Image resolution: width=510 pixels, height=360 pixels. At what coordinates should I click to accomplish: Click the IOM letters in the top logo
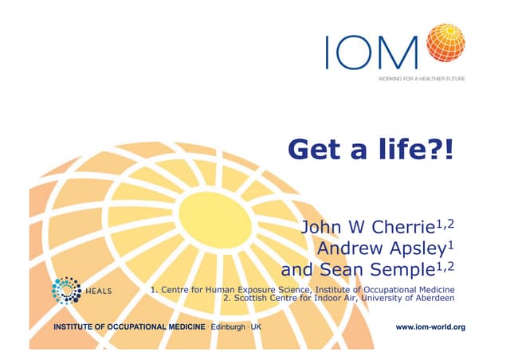click(373, 51)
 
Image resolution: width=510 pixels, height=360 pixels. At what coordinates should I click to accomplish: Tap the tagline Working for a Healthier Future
click(421, 79)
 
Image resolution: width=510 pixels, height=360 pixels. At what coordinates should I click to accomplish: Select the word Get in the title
click(319, 148)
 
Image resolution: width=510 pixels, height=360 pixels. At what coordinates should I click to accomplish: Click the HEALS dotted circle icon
click(67, 291)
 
